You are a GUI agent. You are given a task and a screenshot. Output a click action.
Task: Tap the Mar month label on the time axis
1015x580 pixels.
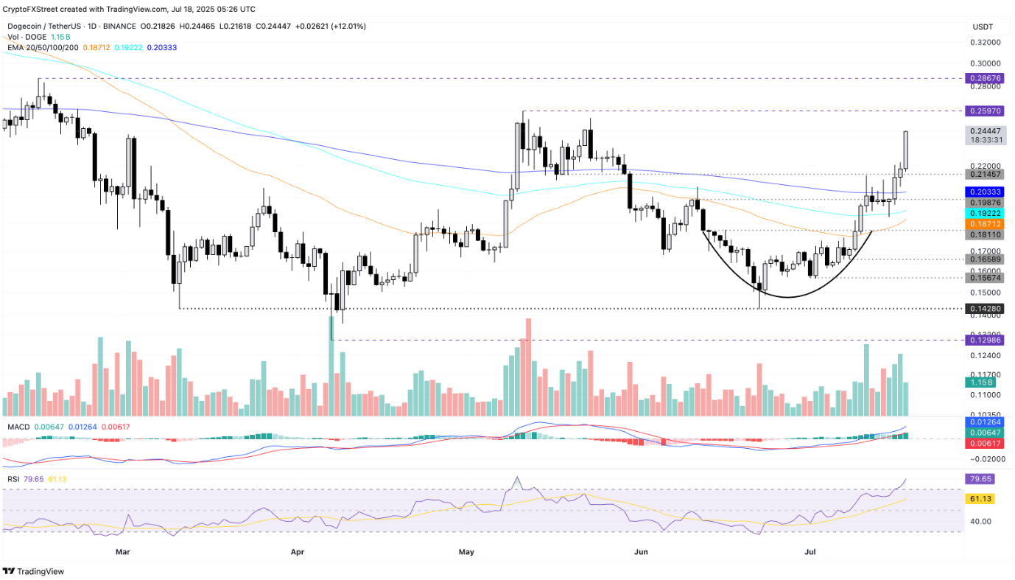(x=123, y=551)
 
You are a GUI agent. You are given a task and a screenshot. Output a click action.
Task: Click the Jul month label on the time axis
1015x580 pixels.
(x=809, y=551)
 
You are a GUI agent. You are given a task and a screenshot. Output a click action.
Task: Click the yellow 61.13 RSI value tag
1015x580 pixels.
(x=979, y=499)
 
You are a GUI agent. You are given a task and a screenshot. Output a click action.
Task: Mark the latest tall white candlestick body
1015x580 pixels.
(x=905, y=150)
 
